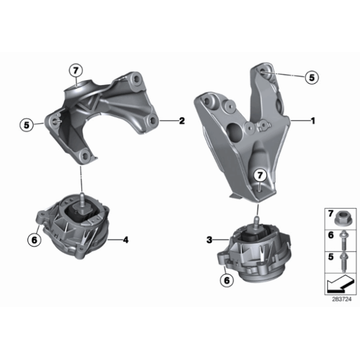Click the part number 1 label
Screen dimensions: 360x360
click(313, 121)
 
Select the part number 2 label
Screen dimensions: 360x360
click(181, 121)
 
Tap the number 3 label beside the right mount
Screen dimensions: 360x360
click(209, 238)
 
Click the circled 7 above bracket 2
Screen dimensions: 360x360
click(75, 70)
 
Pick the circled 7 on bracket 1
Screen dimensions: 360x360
click(260, 176)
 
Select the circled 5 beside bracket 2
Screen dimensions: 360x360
click(27, 125)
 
